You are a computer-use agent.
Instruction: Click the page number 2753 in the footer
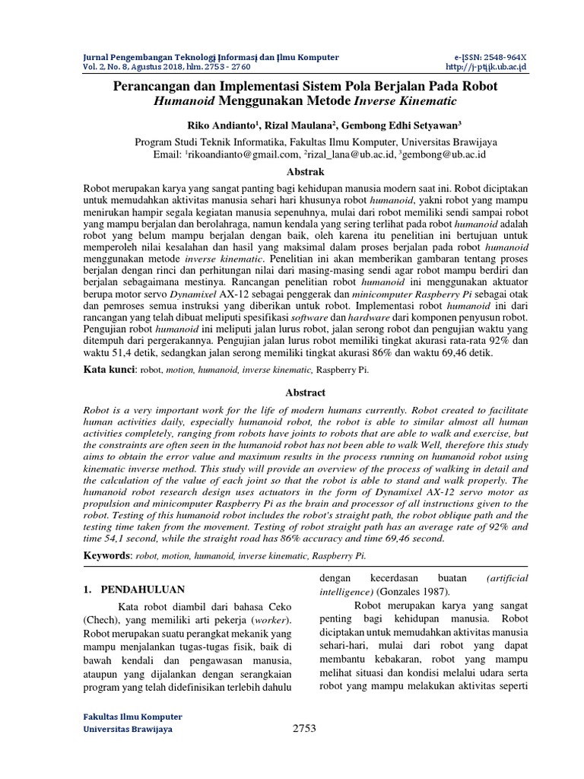303,729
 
